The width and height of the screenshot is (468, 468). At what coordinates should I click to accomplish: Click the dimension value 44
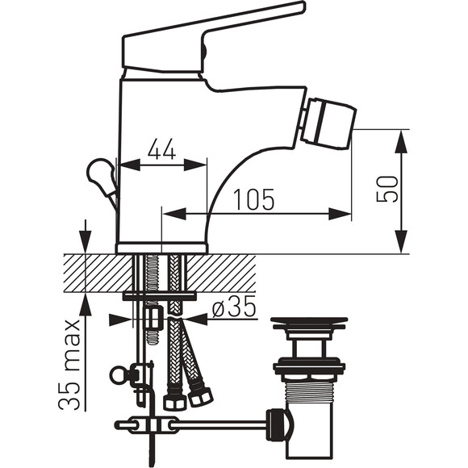[x=161, y=148]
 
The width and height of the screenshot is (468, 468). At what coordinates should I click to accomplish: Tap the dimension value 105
[x=253, y=199]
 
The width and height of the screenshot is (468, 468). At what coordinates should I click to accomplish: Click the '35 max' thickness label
[x=69, y=365]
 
